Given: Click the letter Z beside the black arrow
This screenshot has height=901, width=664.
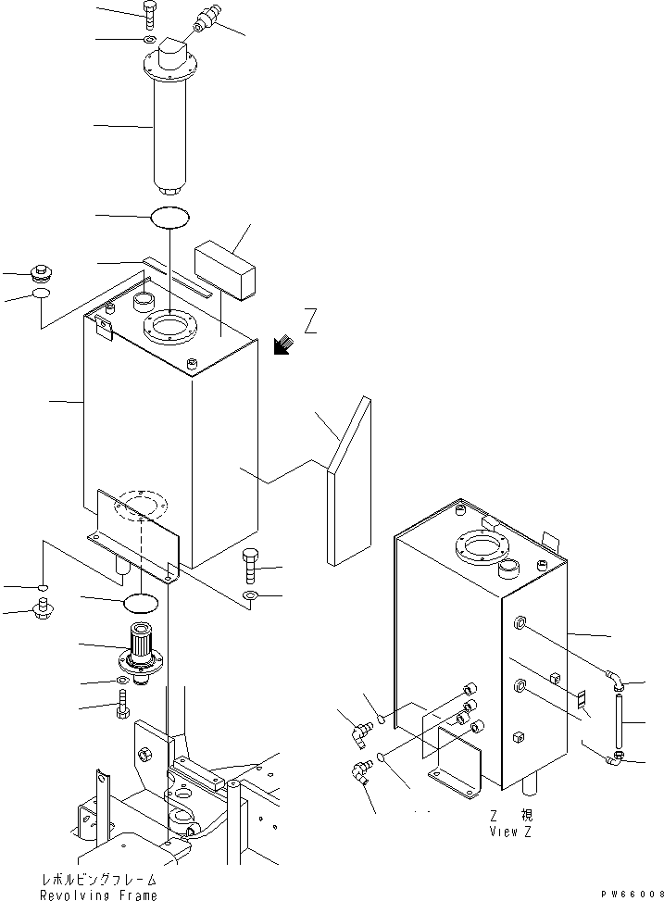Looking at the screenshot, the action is tap(310, 321).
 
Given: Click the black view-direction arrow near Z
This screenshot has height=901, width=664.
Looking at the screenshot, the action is tap(282, 345).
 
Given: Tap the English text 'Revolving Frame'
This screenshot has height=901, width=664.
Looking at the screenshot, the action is tap(98, 895).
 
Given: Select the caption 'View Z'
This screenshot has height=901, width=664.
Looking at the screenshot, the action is tap(510, 831).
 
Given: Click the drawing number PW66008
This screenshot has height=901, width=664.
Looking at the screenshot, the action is tap(633, 895).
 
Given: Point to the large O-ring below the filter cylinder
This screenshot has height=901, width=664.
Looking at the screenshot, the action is tap(170, 217).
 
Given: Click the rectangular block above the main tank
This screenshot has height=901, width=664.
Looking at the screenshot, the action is tap(224, 269).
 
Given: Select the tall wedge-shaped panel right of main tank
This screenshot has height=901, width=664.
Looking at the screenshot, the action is tap(349, 481).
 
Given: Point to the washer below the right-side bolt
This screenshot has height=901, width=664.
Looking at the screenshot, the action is tap(251, 594).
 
